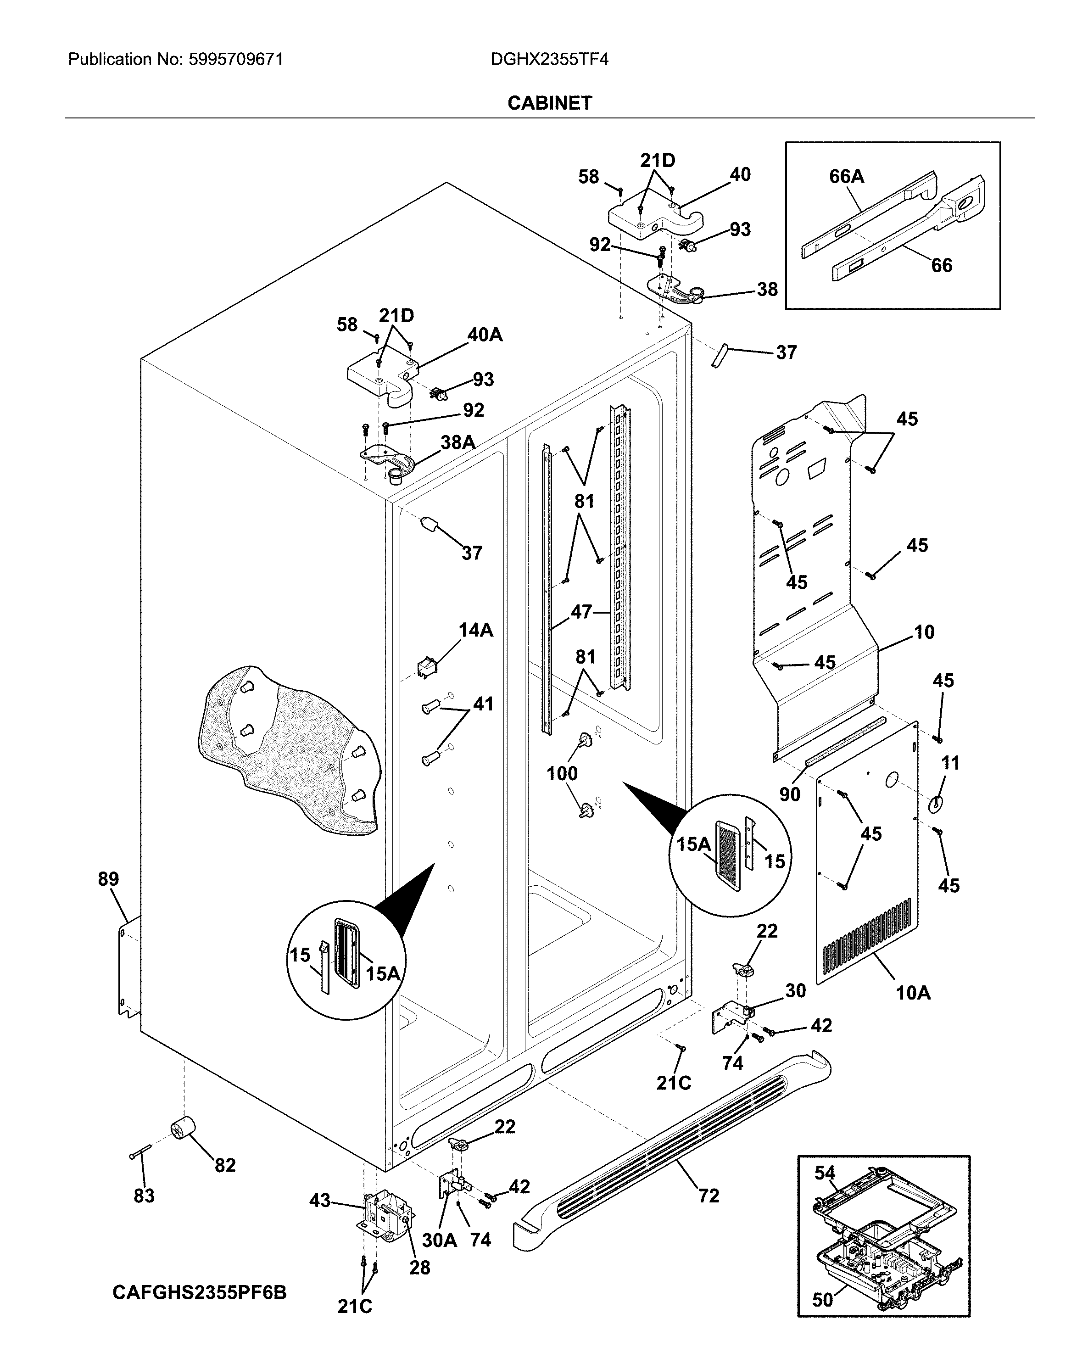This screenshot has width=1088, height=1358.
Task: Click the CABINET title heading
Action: click(550, 103)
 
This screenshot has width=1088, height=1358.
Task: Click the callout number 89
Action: click(108, 879)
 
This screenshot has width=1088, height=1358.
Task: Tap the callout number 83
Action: click(144, 1196)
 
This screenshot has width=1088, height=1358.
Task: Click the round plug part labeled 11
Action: click(936, 804)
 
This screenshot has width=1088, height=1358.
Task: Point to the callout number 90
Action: click(790, 794)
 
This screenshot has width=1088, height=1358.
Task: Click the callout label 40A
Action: click(485, 335)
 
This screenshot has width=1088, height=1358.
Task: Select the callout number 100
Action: click(562, 773)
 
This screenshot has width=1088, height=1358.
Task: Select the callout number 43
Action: click(320, 1201)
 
